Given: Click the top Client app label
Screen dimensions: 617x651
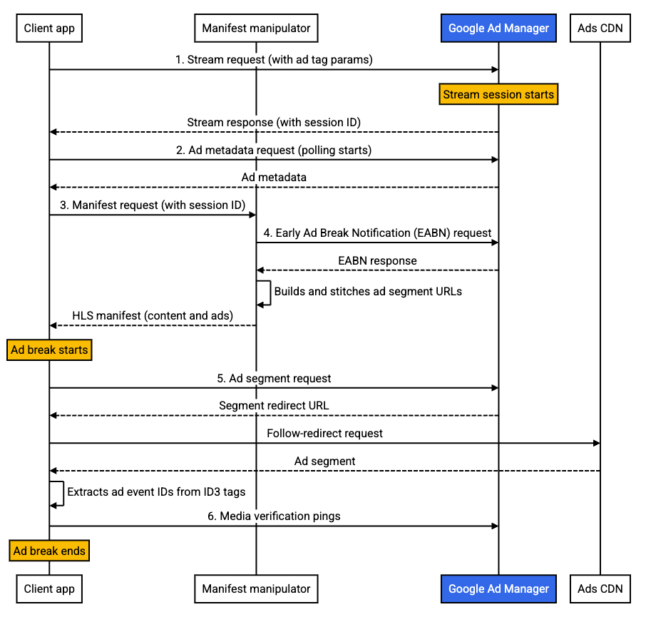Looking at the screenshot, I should (x=49, y=29).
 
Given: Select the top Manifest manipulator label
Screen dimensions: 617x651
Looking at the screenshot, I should (x=256, y=29).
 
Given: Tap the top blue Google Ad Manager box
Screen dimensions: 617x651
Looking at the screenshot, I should (x=498, y=29).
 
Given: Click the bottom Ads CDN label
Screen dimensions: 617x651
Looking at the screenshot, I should (x=600, y=589).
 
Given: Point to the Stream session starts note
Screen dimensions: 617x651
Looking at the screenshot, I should (x=498, y=94).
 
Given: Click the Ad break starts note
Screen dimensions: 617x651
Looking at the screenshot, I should (x=49, y=350).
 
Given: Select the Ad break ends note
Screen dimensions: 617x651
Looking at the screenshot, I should (x=49, y=551).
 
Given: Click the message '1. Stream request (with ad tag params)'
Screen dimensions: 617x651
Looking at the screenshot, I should (x=275, y=60).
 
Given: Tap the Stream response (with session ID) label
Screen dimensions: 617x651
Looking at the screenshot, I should (x=275, y=123).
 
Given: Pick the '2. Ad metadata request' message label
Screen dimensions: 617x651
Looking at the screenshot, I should (x=275, y=151).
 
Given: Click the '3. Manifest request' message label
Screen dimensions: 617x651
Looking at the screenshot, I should (x=153, y=205).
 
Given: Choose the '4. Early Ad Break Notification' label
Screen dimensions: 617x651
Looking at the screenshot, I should (x=377, y=233).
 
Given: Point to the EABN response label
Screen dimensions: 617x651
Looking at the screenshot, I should (x=377, y=261).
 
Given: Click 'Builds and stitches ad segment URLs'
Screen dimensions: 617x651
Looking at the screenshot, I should (x=368, y=291).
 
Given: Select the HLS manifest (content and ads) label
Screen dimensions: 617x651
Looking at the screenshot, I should (x=153, y=315).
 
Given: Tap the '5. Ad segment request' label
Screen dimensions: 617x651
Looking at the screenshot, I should (x=275, y=378).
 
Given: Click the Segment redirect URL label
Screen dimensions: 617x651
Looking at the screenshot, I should (x=275, y=406).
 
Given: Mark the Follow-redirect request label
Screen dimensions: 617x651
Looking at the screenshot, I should (x=325, y=434).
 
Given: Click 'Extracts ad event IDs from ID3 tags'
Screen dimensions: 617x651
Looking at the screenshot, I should (x=156, y=491).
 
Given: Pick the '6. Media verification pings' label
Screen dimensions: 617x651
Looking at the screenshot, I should (x=275, y=516).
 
